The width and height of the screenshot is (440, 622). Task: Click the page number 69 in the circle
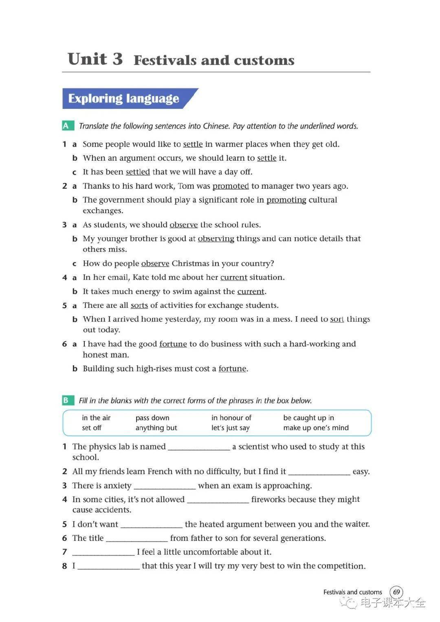pos(396,592)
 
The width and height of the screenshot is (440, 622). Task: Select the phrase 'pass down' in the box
pos(152,418)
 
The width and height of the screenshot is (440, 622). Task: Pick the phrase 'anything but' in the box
pos(156,428)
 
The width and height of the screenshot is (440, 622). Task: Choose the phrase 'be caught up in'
pos(308,418)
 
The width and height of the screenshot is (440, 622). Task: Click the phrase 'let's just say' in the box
pos(230,428)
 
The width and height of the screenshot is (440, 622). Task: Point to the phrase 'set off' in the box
pos(92,428)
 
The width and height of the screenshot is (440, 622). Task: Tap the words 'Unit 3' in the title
pos(95,60)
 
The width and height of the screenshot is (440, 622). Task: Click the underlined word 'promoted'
pos(231,186)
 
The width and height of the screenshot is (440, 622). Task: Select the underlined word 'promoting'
pos(286,200)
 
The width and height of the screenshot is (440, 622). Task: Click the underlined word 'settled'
pos(138,172)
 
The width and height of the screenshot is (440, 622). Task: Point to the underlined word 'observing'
pos(216,238)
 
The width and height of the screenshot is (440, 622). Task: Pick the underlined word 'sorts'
pos(139,305)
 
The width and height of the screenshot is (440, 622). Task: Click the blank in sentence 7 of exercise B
pos(103,552)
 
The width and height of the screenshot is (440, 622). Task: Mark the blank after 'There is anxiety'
pos(165,486)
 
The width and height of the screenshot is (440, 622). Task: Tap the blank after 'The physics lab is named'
pos(199,447)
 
